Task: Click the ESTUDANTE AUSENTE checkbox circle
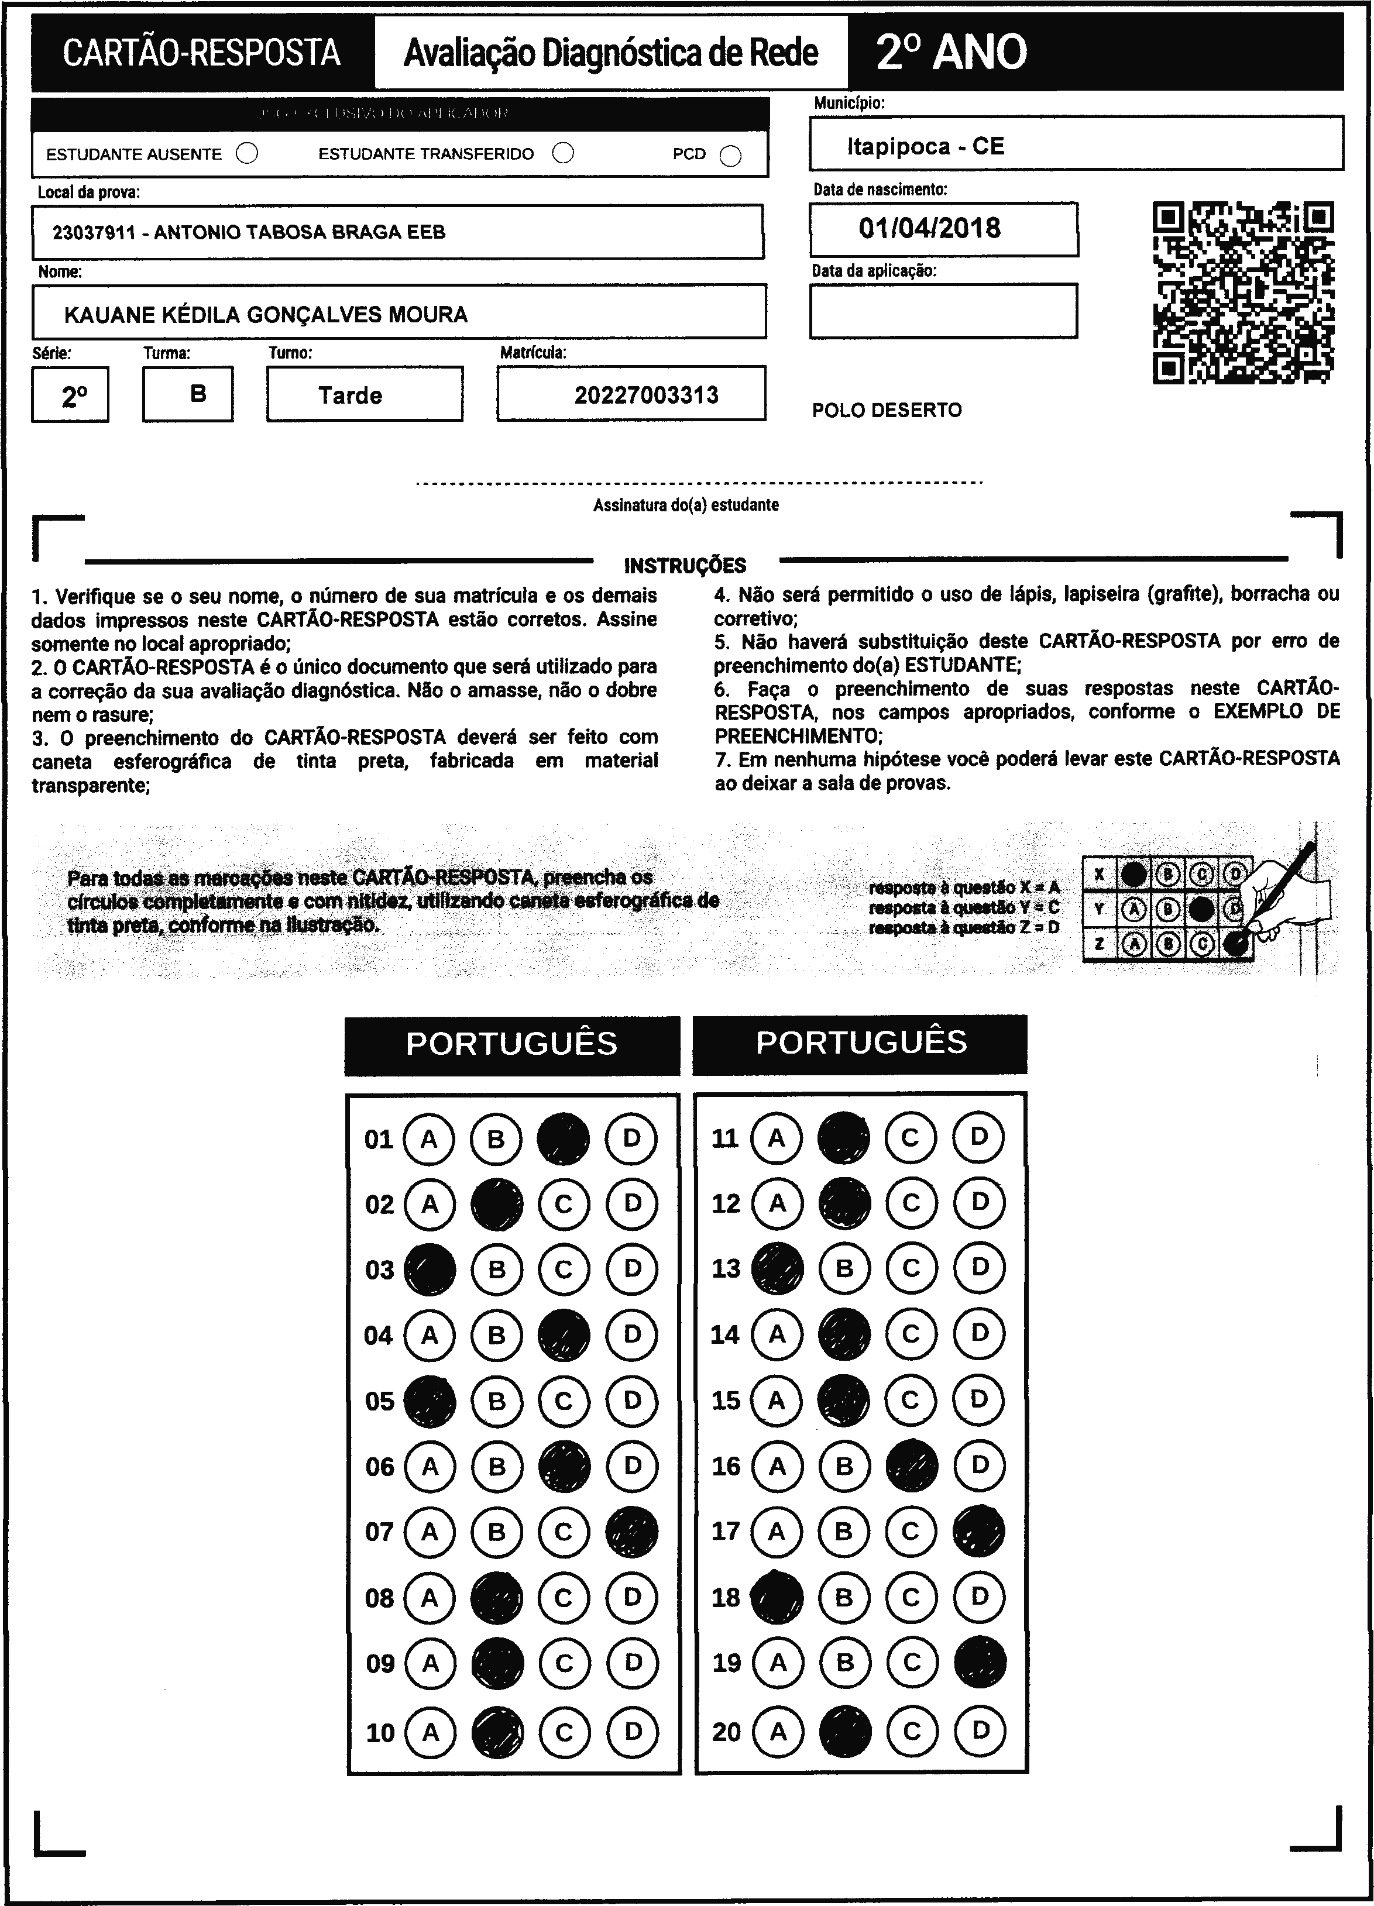click(x=247, y=154)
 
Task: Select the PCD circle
click(x=731, y=156)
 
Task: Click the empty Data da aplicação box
click(x=943, y=311)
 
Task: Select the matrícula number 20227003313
click(x=646, y=395)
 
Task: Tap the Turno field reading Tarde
click(x=351, y=395)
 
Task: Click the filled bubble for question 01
click(x=563, y=1138)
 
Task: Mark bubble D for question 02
click(x=632, y=1203)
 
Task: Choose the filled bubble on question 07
click(x=632, y=1531)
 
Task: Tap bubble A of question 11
click(x=777, y=1138)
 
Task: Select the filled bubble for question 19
click(x=980, y=1661)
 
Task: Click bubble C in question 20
click(x=912, y=1731)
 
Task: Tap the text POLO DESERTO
click(x=887, y=410)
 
